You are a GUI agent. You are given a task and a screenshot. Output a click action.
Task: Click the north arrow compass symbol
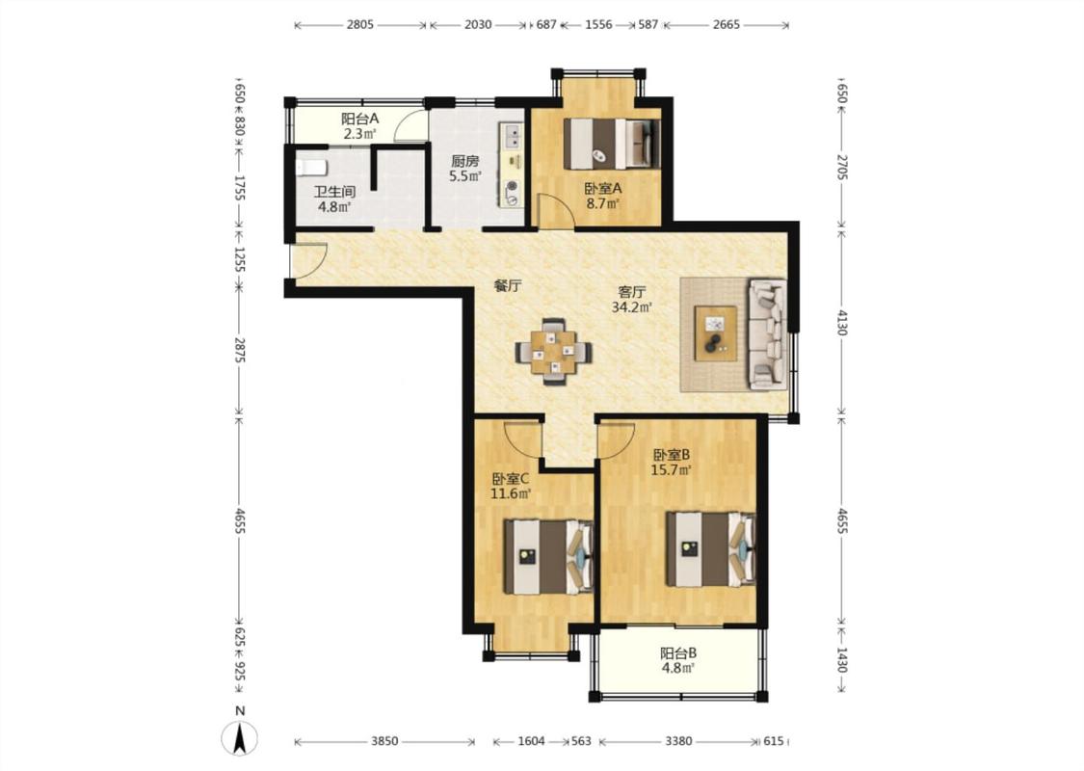point(239,737)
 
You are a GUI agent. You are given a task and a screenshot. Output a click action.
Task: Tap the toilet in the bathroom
point(311,168)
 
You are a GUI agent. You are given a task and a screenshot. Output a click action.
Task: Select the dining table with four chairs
point(554,352)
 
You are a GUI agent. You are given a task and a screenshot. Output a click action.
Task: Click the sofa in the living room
point(768,332)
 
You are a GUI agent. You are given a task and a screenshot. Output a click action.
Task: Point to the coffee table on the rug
point(716,332)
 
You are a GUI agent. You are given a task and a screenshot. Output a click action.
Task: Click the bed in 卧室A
point(612,144)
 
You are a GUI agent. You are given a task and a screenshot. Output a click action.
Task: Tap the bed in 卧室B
point(711,549)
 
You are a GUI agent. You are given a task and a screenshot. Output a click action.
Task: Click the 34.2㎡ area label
point(632,307)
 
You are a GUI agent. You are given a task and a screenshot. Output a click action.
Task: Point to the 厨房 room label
point(464,161)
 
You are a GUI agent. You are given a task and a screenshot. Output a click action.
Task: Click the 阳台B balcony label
point(677,652)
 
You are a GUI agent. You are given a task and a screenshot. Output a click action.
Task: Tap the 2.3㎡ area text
point(360,133)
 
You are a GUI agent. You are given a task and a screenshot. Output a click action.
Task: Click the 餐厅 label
point(508,285)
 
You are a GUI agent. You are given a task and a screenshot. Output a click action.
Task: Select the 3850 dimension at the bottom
point(384,741)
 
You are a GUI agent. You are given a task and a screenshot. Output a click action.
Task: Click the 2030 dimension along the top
point(478,25)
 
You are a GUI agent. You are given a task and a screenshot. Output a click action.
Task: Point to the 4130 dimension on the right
point(841,322)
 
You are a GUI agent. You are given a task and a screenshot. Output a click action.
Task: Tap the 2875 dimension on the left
point(240,350)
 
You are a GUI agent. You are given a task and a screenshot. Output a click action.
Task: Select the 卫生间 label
point(334,192)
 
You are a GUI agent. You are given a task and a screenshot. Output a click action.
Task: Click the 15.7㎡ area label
point(672,470)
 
